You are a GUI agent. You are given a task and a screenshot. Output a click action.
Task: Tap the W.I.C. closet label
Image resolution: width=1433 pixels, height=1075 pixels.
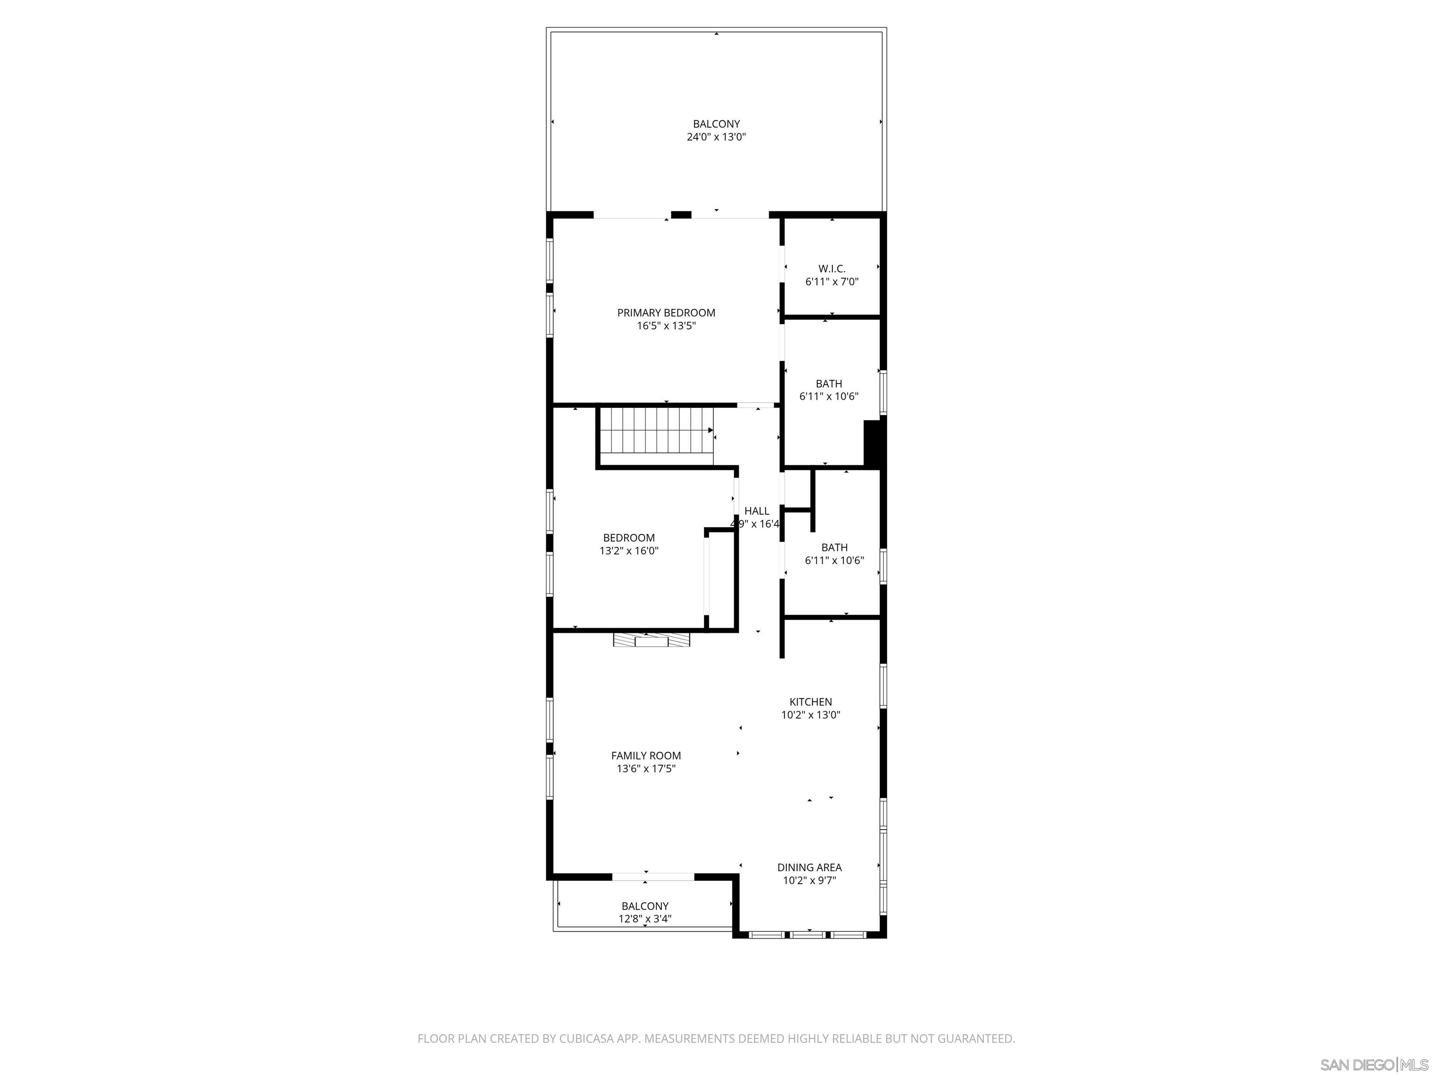832,268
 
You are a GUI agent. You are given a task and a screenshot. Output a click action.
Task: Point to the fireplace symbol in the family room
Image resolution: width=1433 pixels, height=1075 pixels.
651,640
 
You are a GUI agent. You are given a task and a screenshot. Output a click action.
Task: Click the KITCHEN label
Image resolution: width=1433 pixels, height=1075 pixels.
810,702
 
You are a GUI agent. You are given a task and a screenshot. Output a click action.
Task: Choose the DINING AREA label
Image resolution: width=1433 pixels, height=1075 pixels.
809,867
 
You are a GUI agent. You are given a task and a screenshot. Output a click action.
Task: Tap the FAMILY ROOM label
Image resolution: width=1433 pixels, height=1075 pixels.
646,755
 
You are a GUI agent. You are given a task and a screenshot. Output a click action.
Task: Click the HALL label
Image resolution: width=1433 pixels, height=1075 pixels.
757,510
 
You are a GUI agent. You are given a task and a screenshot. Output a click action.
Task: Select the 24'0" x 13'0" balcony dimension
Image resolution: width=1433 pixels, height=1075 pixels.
716,137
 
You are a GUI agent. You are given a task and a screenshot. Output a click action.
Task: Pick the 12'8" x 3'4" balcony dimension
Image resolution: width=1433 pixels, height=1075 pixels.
645,919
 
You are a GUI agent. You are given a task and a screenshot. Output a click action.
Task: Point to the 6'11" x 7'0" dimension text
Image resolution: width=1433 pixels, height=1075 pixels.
832,282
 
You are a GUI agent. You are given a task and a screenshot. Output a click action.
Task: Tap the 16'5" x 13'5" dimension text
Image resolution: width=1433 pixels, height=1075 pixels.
666,326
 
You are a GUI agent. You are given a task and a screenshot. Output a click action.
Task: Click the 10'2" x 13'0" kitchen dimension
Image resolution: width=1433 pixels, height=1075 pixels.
810,715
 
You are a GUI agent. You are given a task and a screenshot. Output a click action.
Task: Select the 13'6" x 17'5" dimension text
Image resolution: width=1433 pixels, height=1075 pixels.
646,769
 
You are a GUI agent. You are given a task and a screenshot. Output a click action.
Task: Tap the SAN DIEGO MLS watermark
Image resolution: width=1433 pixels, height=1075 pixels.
1373,1065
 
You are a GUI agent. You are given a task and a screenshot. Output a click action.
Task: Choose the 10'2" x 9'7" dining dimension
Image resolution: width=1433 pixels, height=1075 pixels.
809,880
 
